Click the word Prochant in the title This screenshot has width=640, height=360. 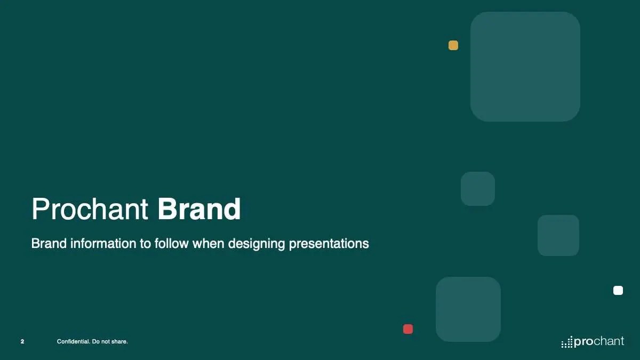click(90, 209)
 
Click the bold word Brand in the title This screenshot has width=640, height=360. click(199, 209)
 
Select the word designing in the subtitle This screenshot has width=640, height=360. click(257, 244)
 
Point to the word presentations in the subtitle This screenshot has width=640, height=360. click(329, 244)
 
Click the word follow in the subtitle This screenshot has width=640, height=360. click(171, 243)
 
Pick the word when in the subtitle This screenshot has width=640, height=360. click(209, 243)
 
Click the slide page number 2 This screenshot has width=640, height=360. click(22, 341)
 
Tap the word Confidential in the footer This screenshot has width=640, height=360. click(74, 341)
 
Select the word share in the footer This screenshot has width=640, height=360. click(119, 341)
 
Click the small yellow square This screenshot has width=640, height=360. click(453, 45)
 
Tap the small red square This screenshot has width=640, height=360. click(408, 329)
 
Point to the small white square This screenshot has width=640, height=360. click(618, 290)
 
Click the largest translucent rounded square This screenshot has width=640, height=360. click(525, 67)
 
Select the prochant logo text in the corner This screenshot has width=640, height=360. click(599, 341)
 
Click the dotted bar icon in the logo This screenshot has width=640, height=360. click(567, 342)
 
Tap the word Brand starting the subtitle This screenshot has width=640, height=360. click(49, 243)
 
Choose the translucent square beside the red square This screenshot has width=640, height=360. click(468, 309)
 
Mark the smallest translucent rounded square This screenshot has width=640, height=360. click(478, 189)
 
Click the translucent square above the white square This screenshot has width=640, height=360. click(558, 235)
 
